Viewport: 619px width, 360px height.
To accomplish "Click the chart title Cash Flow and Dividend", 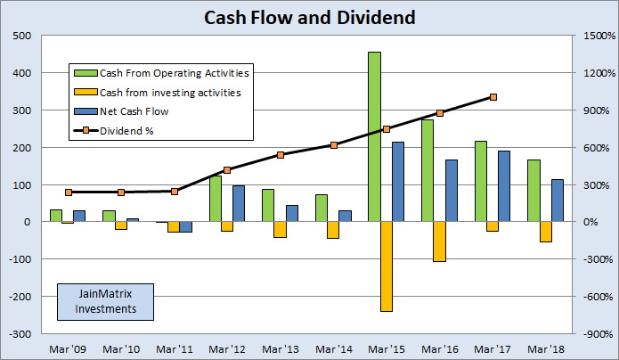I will pos(310,17).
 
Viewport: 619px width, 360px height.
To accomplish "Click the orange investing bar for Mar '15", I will pos(387,266).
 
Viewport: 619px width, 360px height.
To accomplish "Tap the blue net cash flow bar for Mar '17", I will pos(504,186).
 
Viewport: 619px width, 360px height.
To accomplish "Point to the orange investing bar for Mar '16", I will pos(439,241).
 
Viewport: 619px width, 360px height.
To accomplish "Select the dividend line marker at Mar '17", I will pos(493,97).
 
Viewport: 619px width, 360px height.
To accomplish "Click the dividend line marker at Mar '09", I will pos(69,192).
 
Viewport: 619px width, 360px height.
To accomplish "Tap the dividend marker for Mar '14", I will pos(334,145).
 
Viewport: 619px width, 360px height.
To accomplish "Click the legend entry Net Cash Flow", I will pos(134,112).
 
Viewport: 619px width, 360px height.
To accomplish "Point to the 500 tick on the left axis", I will pos(20,37).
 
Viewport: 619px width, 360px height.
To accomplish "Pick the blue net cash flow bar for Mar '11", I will pos(186,227).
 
